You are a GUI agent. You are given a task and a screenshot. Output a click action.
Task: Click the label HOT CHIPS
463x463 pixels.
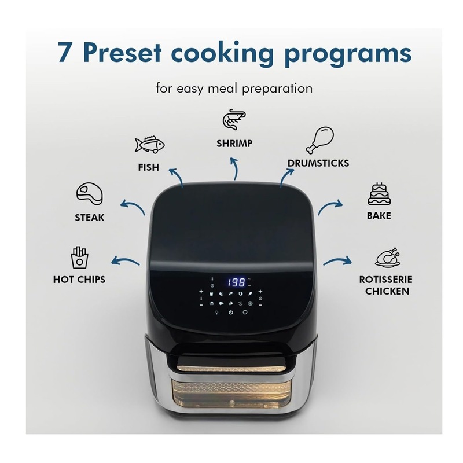(79, 280)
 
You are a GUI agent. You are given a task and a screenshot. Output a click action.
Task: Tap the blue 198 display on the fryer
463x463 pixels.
(236, 283)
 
